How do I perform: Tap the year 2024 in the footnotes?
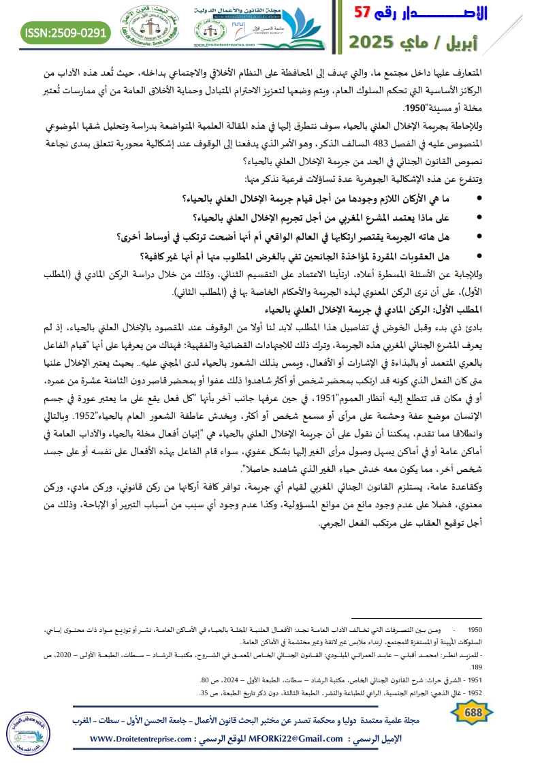point(242,680)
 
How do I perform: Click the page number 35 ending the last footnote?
point(204,693)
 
